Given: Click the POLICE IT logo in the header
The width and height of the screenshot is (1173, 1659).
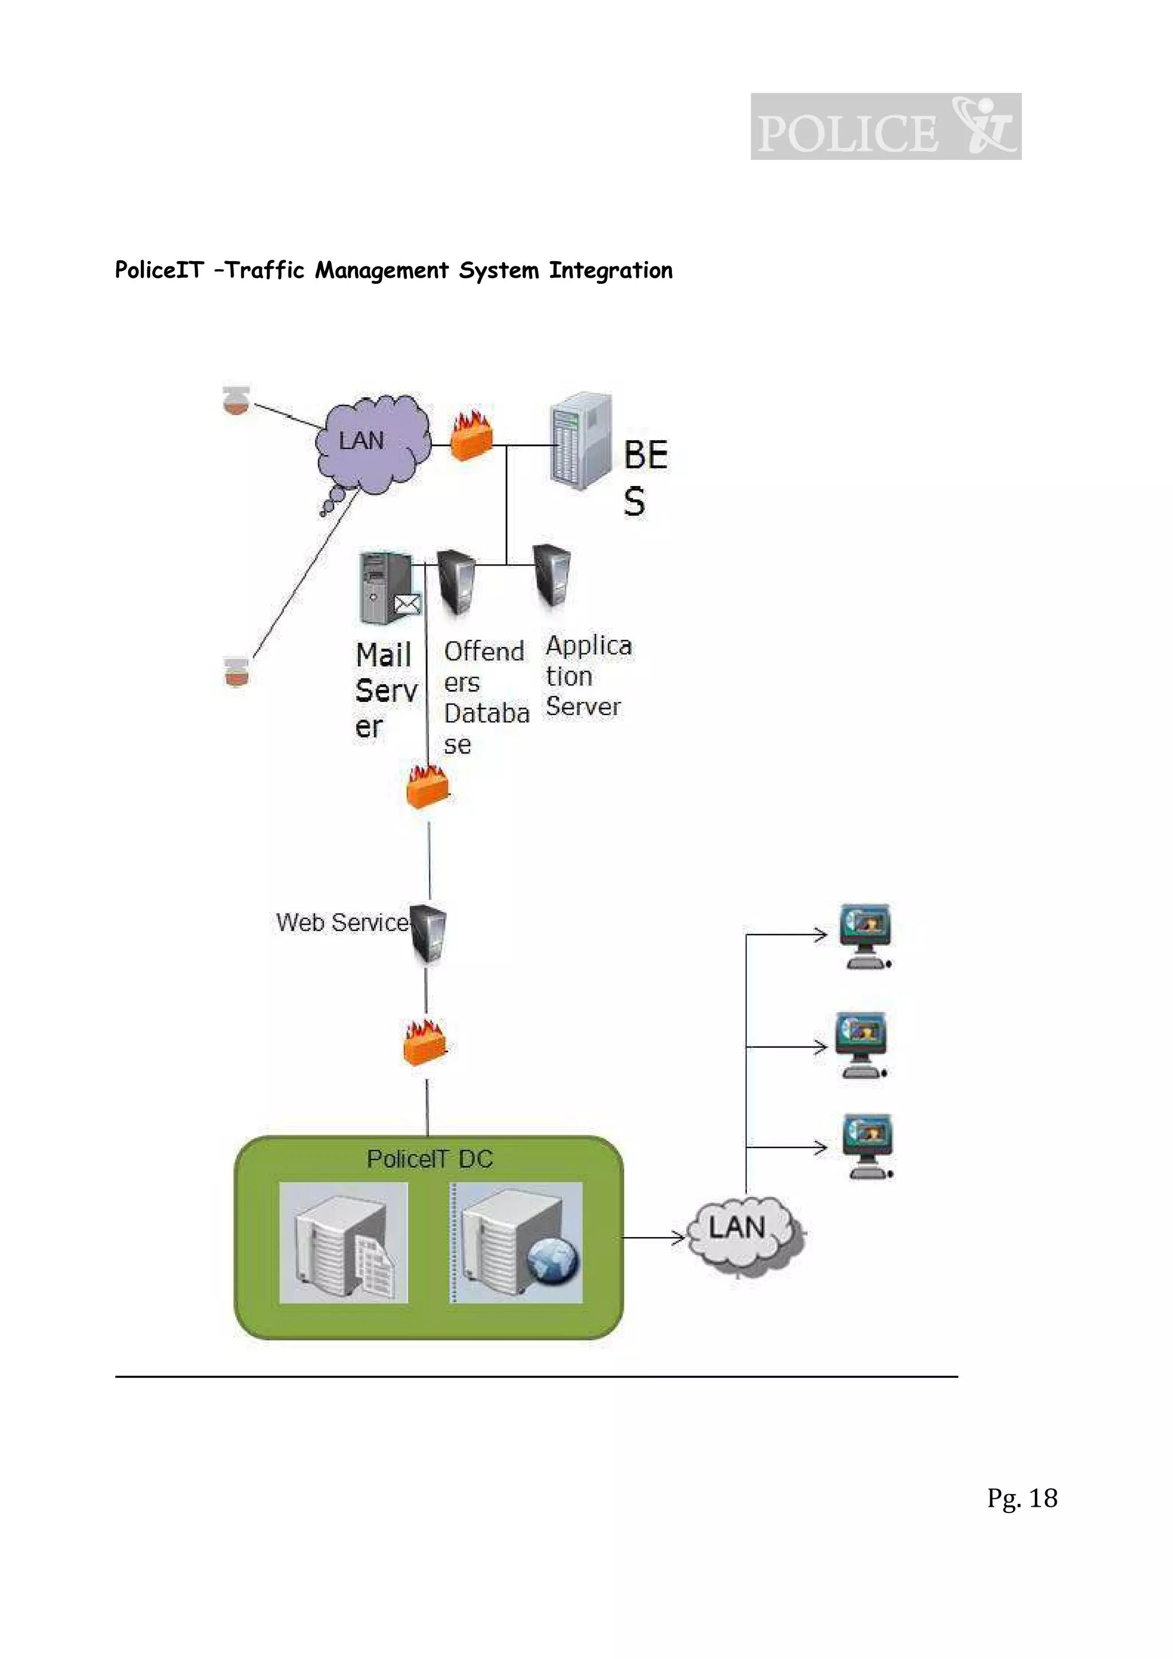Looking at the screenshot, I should [x=885, y=127].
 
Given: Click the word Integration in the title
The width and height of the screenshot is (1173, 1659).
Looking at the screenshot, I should [x=610, y=270].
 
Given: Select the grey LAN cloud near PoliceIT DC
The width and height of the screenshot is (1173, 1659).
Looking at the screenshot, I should [x=743, y=1231].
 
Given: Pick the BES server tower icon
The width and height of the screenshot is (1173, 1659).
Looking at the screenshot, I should [x=580, y=441].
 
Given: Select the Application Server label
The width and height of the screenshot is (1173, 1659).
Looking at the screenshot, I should [x=587, y=676].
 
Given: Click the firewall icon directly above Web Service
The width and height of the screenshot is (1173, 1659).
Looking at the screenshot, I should [x=427, y=787].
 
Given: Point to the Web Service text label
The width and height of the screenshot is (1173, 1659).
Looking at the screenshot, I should [x=342, y=923].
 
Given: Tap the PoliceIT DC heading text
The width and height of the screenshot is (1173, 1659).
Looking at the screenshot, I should [x=430, y=1159].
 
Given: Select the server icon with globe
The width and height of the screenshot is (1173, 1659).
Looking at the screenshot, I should [x=516, y=1243].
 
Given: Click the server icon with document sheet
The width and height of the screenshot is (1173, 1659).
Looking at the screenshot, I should [x=344, y=1243].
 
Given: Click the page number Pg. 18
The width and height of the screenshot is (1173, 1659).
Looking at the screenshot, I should [x=1021, y=1498].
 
